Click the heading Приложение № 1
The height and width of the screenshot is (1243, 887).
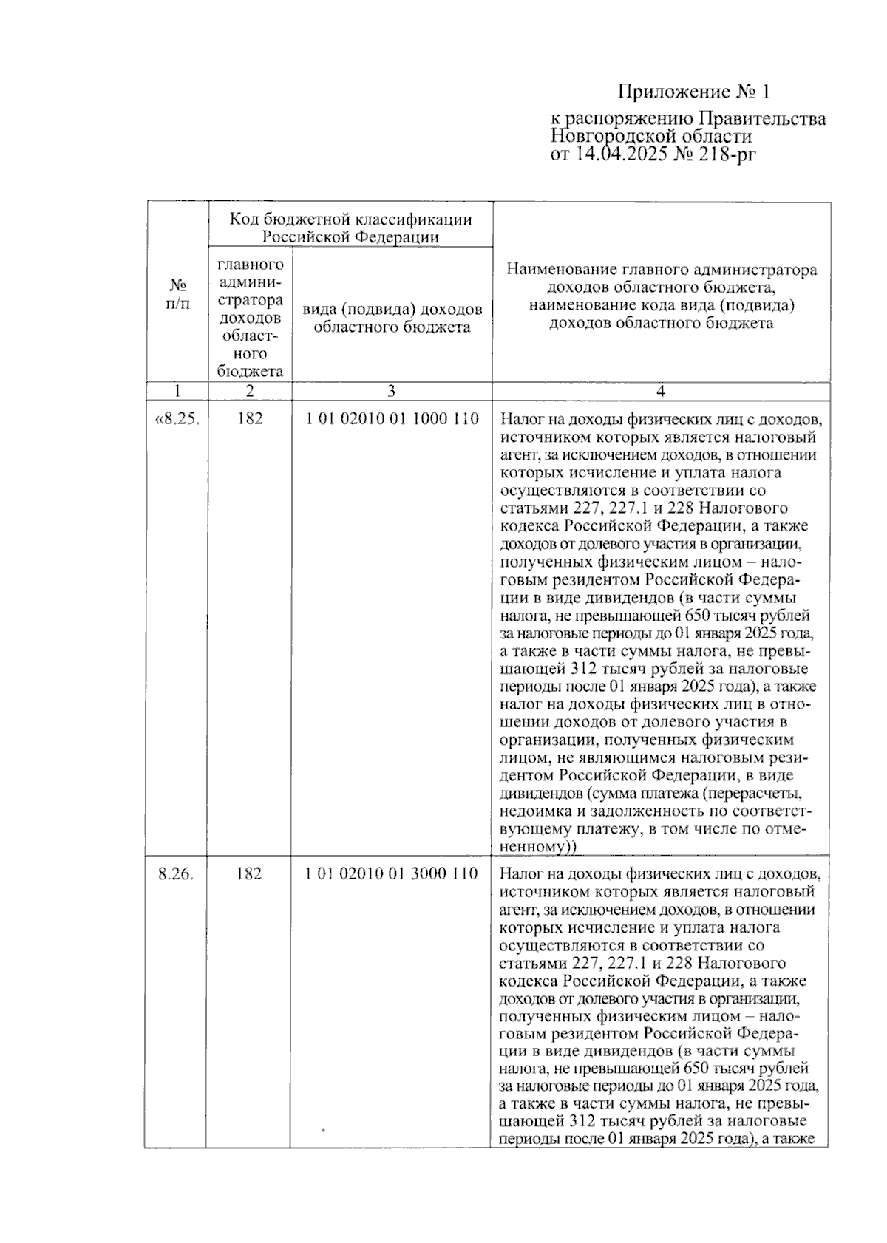click(x=693, y=92)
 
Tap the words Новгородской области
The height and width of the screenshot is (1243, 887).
click(x=650, y=137)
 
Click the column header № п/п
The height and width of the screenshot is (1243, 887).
click(x=177, y=294)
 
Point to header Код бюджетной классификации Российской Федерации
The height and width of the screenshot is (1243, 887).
click(x=350, y=228)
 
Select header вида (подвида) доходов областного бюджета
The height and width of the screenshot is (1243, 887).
click(x=392, y=318)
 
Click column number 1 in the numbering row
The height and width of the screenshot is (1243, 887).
click(x=177, y=391)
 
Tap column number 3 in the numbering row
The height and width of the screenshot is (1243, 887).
click(x=391, y=391)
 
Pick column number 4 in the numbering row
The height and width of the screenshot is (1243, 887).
click(x=661, y=391)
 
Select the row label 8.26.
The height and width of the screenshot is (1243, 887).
click(x=177, y=873)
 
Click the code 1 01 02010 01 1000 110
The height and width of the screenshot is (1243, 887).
click(x=392, y=419)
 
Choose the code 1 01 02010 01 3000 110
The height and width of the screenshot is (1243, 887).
click(x=392, y=873)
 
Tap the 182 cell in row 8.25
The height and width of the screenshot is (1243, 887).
click(x=250, y=419)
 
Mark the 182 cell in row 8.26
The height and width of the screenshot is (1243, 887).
click(x=249, y=873)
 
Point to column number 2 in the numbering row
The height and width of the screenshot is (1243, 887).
click(x=250, y=391)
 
